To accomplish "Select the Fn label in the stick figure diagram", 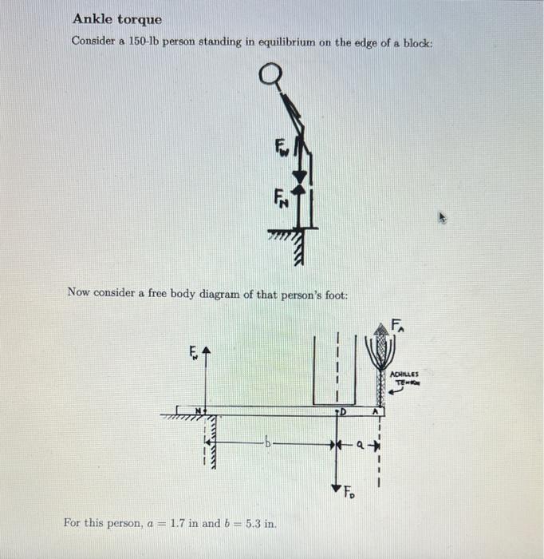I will pyautogui.click(x=281, y=196).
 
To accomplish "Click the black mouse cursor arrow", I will pyautogui.click(x=446, y=216).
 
